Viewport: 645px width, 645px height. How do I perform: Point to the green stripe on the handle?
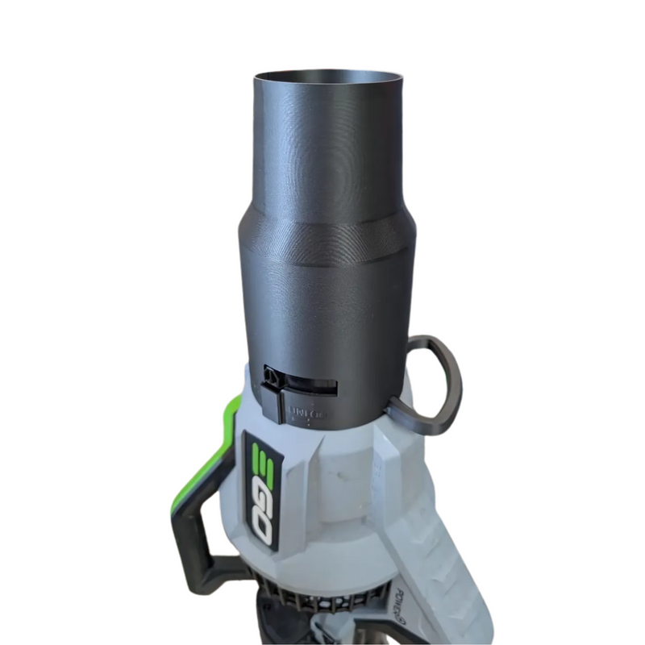tap(211, 451)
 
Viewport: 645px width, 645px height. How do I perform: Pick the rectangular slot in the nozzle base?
tap(310, 385)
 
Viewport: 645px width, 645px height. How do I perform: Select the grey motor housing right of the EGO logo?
tap(347, 500)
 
